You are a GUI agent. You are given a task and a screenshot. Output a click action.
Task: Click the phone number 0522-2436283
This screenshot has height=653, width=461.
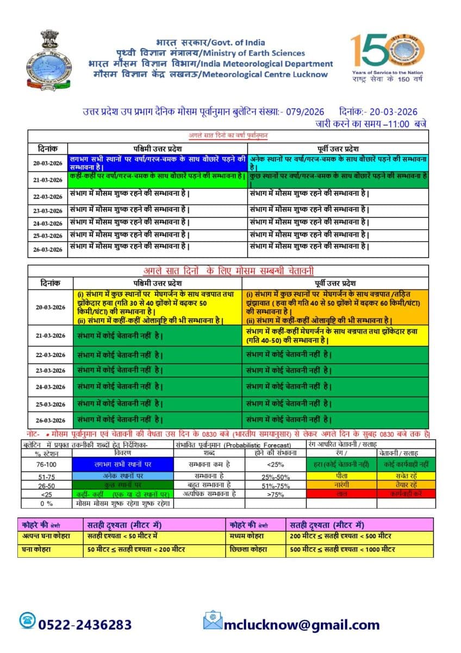click(85, 624)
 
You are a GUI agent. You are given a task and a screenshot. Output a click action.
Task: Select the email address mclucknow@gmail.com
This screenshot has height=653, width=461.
click(302, 624)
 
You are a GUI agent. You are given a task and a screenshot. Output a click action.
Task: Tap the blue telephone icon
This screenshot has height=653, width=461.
click(27, 621)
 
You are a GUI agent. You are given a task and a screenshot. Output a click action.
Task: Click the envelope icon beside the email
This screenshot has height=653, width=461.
click(213, 621)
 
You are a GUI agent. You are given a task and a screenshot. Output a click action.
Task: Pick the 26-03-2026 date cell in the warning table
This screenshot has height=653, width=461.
click(51, 420)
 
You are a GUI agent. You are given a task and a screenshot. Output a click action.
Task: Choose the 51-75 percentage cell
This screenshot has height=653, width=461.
click(45, 476)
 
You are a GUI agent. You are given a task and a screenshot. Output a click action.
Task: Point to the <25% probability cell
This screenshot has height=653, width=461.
click(272, 465)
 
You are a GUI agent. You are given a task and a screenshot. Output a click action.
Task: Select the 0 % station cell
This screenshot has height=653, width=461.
click(45, 503)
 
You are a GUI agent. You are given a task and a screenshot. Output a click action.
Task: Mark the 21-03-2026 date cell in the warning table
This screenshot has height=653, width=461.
click(51, 335)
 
